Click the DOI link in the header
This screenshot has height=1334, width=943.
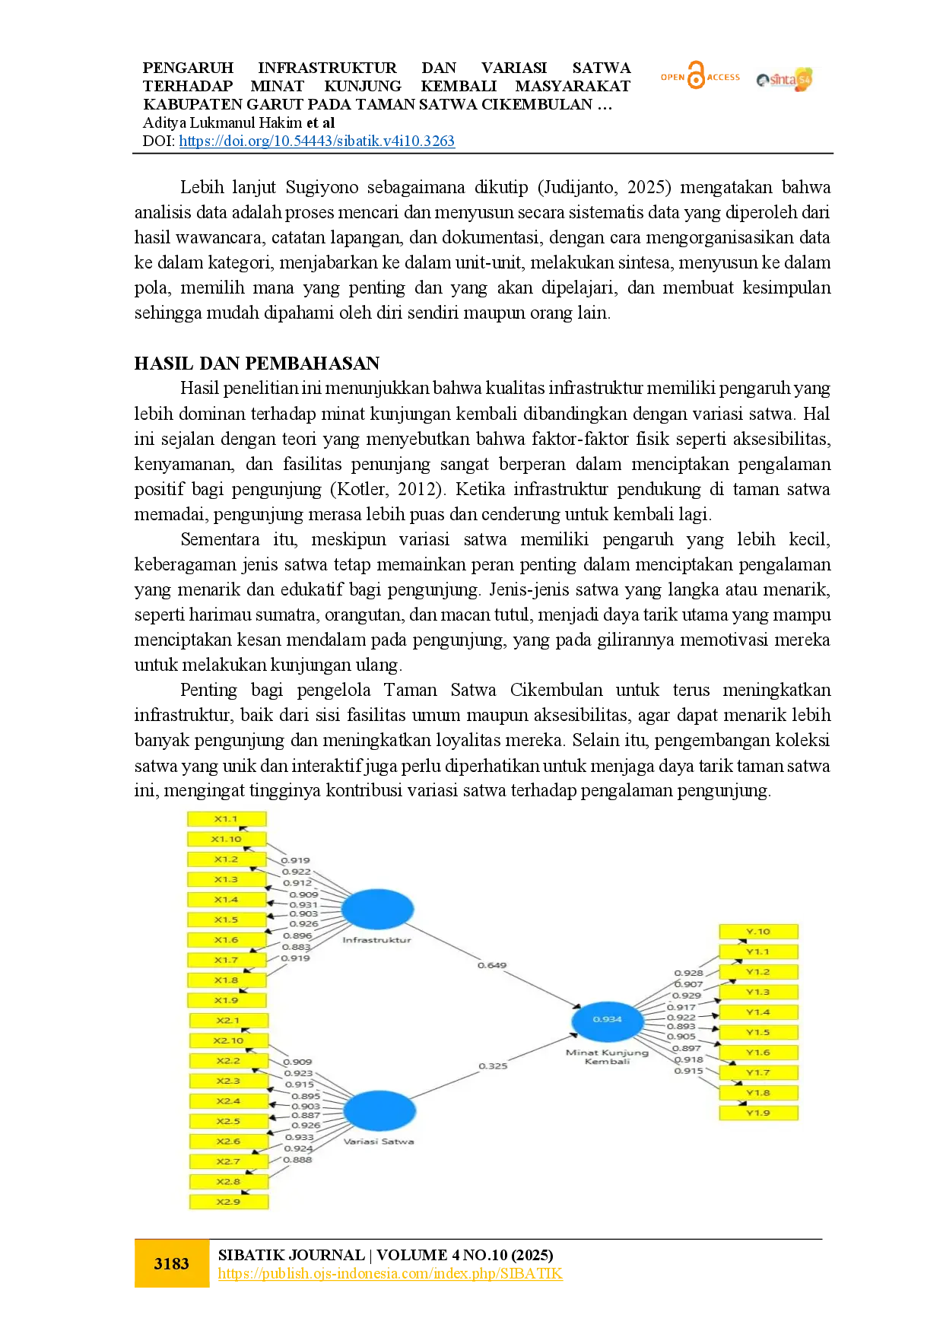pos(316,141)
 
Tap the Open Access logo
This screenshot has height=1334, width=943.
pos(700,76)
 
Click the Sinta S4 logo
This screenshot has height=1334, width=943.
pos(785,79)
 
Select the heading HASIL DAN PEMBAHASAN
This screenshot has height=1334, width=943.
pos(257,363)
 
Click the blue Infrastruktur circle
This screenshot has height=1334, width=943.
pos(377,909)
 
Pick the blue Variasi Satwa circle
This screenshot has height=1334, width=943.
pos(379,1110)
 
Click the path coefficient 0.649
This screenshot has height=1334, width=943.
pos(492,965)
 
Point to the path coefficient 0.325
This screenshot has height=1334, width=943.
pos(493,1066)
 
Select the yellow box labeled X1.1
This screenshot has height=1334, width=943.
pos(227,819)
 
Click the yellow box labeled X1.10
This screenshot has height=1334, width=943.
pos(227,839)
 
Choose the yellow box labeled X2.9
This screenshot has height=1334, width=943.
pos(228,1202)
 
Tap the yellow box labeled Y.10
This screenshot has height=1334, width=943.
pos(758,931)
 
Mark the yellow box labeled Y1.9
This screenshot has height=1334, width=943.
pos(758,1113)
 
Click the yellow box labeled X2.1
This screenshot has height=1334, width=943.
pos(228,1021)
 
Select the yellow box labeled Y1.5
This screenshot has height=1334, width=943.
pos(758,1032)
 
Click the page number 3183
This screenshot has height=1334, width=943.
pos(172,1263)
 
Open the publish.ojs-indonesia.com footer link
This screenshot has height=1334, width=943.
pos(390,1273)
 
